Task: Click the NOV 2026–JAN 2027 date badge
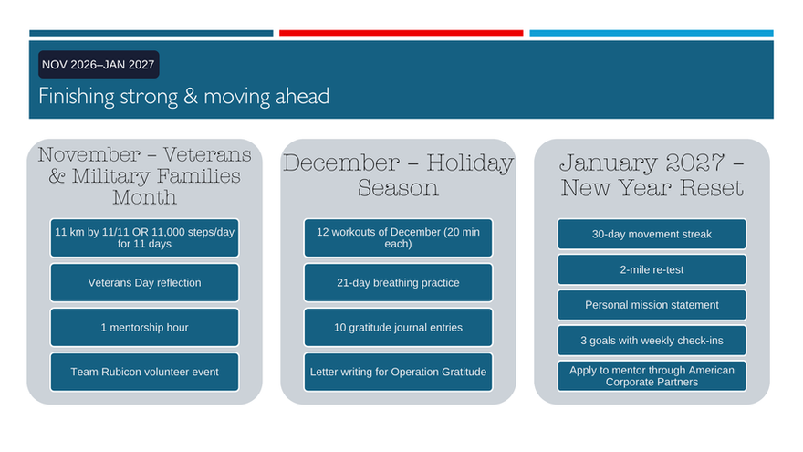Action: click(x=99, y=65)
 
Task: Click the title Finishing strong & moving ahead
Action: click(x=183, y=97)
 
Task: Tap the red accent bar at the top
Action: click(x=401, y=33)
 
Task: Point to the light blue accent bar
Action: click(x=652, y=33)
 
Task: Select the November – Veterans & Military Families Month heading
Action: click(x=144, y=175)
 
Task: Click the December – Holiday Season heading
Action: click(x=398, y=175)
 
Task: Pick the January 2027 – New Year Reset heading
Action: click(x=652, y=175)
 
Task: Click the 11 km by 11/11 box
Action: click(x=144, y=237)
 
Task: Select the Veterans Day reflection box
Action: click(x=144, y=282)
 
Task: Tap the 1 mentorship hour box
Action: click(x=144, y=328)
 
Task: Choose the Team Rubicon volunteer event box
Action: click(x=144, y=372)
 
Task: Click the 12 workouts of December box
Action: click(x=398, y=237)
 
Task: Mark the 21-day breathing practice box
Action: click(x=398, y=282)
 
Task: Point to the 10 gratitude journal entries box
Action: click(x=398, y=328)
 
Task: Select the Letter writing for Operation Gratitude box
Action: click(x=398, y=372)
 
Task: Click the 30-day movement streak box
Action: click(x=652, y=234)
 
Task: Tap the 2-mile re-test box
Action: click(x=652, y=269)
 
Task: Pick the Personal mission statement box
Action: click(x=652, y=305)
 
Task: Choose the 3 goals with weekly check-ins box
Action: click(x=652, y=341)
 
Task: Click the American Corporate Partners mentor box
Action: click(x=652, y=376)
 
